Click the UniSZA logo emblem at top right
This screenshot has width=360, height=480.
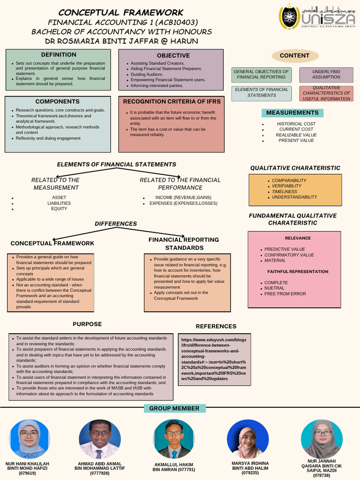point(289,17)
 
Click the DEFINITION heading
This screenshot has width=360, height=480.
point(58,55)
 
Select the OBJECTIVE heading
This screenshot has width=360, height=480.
point(173,56)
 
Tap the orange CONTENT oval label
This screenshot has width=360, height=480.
point(294,56)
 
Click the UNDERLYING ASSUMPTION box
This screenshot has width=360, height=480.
point(326,75)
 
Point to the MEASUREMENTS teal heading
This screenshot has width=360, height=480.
point(292,112)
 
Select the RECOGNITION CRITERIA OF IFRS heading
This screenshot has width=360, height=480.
point(172,102)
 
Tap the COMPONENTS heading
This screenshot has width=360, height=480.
point(58,102)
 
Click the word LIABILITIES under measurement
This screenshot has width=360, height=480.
point(59,203)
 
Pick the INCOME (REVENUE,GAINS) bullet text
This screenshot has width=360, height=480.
point(183,198)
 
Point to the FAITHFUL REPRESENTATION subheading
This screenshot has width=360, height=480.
point(298,272)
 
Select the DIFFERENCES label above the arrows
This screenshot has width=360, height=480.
point(116,224)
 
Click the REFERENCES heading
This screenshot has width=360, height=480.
point(216,326)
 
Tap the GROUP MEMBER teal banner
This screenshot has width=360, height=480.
point(174,409)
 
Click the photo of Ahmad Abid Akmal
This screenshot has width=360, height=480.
point(100,439)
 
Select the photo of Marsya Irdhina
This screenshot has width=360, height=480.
point(247,439)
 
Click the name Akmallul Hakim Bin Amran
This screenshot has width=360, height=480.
point(173,467)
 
